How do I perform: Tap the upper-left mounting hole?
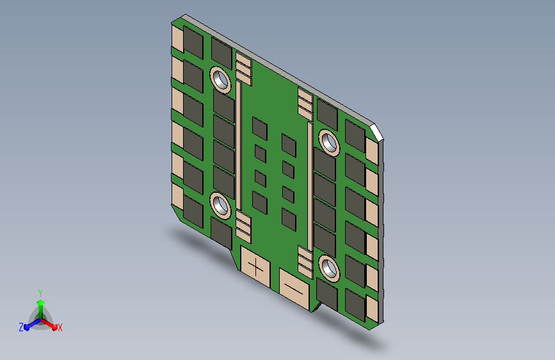220,80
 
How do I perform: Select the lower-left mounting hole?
220,206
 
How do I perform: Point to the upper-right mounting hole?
329,143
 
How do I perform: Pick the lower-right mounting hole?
329,268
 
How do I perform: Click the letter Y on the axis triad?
40,293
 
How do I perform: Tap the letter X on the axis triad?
60,328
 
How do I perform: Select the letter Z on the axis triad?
21,327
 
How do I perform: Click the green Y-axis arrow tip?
40,302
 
